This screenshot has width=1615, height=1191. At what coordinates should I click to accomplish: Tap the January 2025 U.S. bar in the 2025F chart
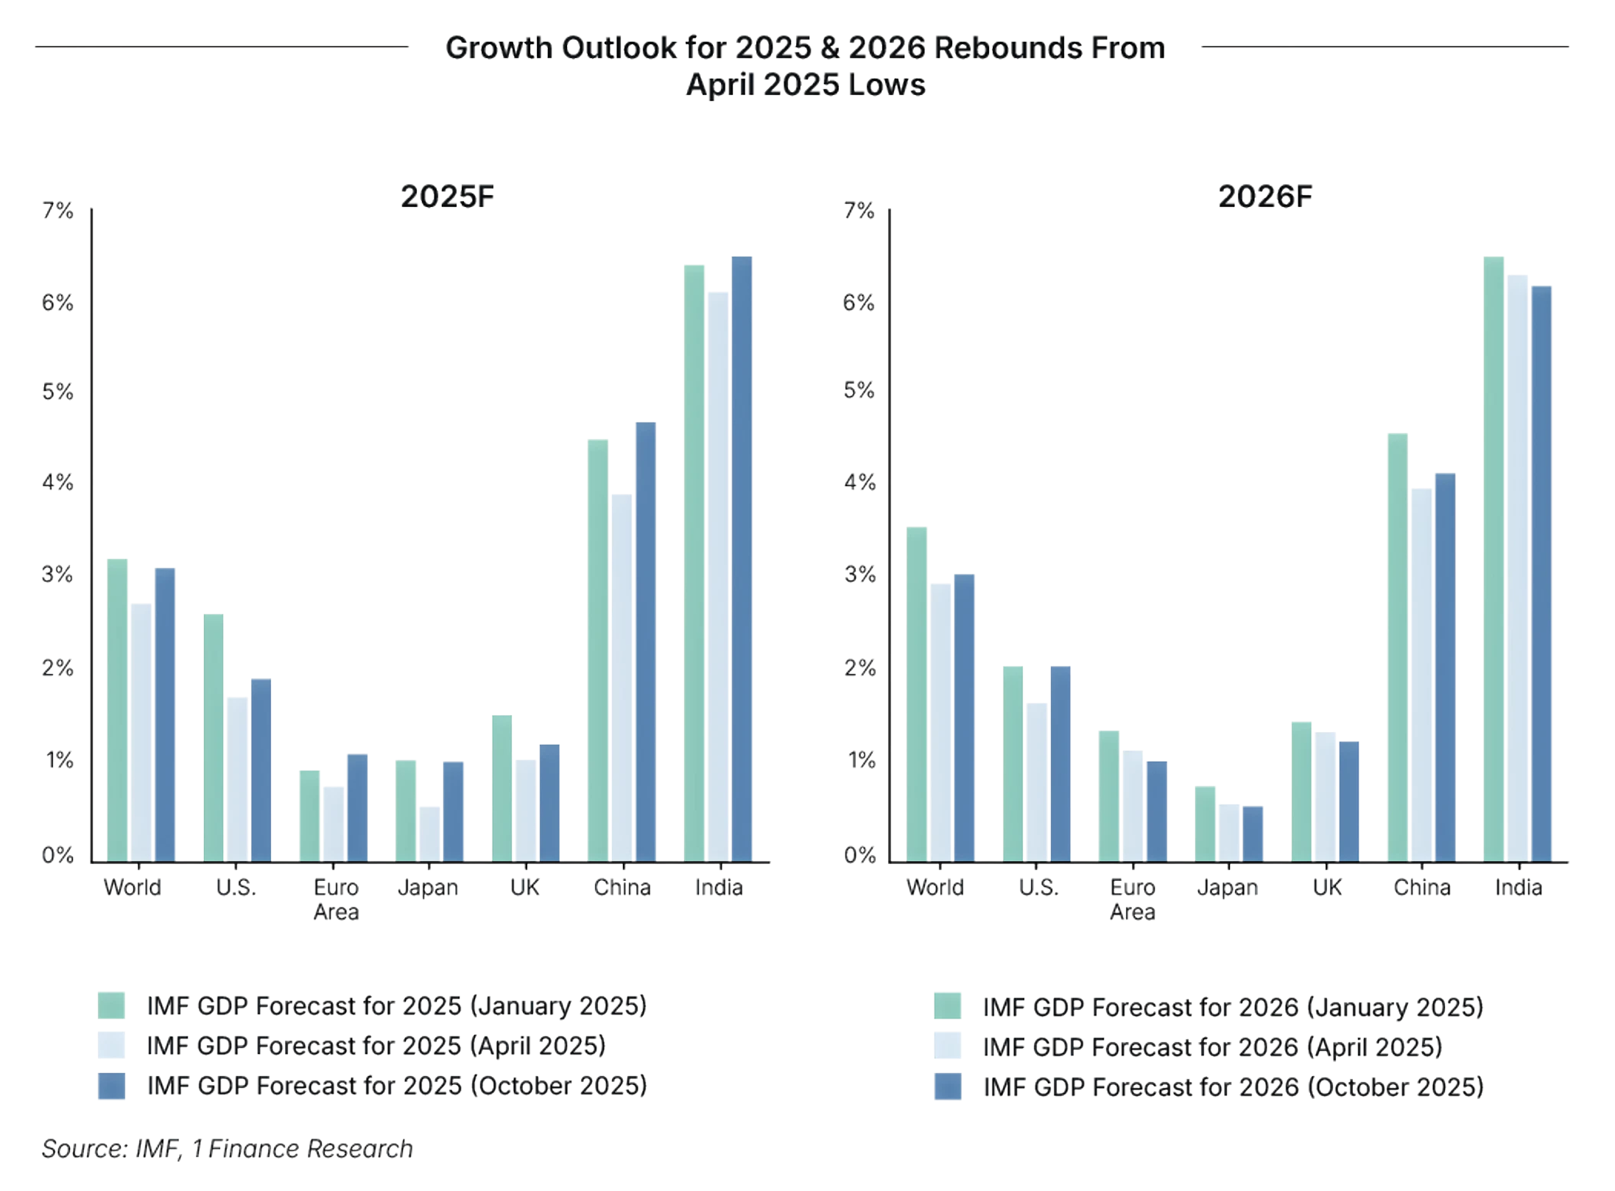(214, 737)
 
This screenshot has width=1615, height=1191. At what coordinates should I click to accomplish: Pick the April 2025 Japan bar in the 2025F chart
(429, 832)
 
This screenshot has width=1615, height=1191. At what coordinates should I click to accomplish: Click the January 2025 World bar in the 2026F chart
(917, 692)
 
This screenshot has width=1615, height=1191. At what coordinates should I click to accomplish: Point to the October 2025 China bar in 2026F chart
(1445, 666)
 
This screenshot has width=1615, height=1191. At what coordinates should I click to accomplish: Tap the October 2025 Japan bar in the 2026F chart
(1253, 832)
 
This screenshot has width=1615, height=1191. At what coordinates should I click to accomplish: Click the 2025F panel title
(447, 197)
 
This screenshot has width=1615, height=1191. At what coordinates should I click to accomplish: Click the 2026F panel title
(1265, 197)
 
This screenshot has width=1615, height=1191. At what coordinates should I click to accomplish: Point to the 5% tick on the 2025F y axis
(58, 392)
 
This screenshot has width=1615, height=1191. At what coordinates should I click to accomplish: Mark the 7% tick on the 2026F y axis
(859, 211)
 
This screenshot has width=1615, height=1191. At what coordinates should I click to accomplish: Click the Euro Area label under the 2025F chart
(337, 899)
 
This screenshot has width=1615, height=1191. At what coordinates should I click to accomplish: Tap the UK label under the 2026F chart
(1327, 888)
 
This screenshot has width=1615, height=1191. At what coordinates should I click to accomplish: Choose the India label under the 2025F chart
(719, 888)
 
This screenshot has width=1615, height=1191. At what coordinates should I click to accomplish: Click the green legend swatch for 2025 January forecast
(111, 1005)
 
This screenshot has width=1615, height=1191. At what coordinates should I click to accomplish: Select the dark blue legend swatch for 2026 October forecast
(947, 1086)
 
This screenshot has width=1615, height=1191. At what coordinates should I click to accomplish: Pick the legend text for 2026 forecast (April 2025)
(1212, 1047)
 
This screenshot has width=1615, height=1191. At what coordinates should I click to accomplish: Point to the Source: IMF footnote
(227, 1149)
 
